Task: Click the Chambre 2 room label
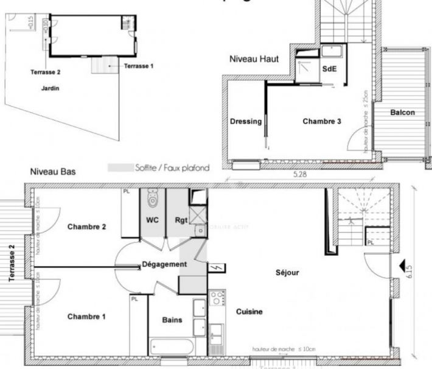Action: click(x=86, y=227)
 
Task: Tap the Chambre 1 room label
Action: click(x=86, y=317)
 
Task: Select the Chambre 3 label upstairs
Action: click(x=322, y=121)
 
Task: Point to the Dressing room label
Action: click(x=246, y=121)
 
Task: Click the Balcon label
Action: click(x=403, y=112)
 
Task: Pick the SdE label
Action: click(x=329, y=69)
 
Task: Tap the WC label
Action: click(x=152, y=220)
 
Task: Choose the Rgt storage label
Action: click(x=181, y=220)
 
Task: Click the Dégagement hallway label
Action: click(x=164, y=264)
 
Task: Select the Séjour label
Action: click(x=287, y=273)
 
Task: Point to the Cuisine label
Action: click(x=249, y=312)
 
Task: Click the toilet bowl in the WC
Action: click(x=152, y=198)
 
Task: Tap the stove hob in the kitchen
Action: click(x=217, y=298)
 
